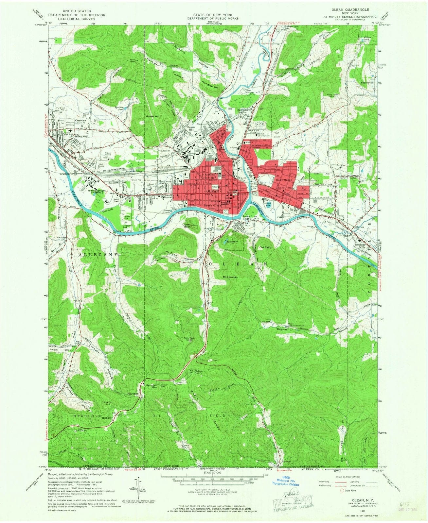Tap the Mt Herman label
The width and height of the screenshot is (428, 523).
(230, 277)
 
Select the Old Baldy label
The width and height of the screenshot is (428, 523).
(266, 247)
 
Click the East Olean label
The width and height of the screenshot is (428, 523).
(283, 180)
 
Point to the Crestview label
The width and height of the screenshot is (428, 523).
(81, 120)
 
